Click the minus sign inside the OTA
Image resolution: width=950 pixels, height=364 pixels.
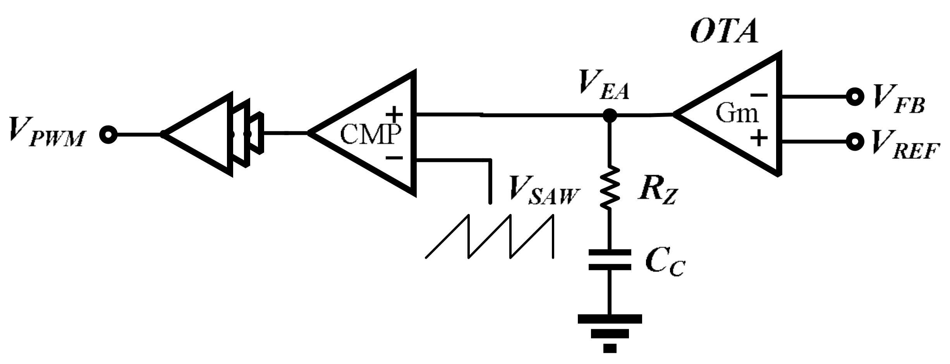[759, 95]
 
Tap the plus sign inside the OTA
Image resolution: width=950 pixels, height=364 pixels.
[759, 138]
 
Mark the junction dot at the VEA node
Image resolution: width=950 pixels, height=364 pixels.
[610, 115]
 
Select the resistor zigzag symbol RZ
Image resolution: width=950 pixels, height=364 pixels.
[610, 188]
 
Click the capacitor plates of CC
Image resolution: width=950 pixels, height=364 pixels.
[610, 259]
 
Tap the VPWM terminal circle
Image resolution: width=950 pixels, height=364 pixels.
[108, 134]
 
